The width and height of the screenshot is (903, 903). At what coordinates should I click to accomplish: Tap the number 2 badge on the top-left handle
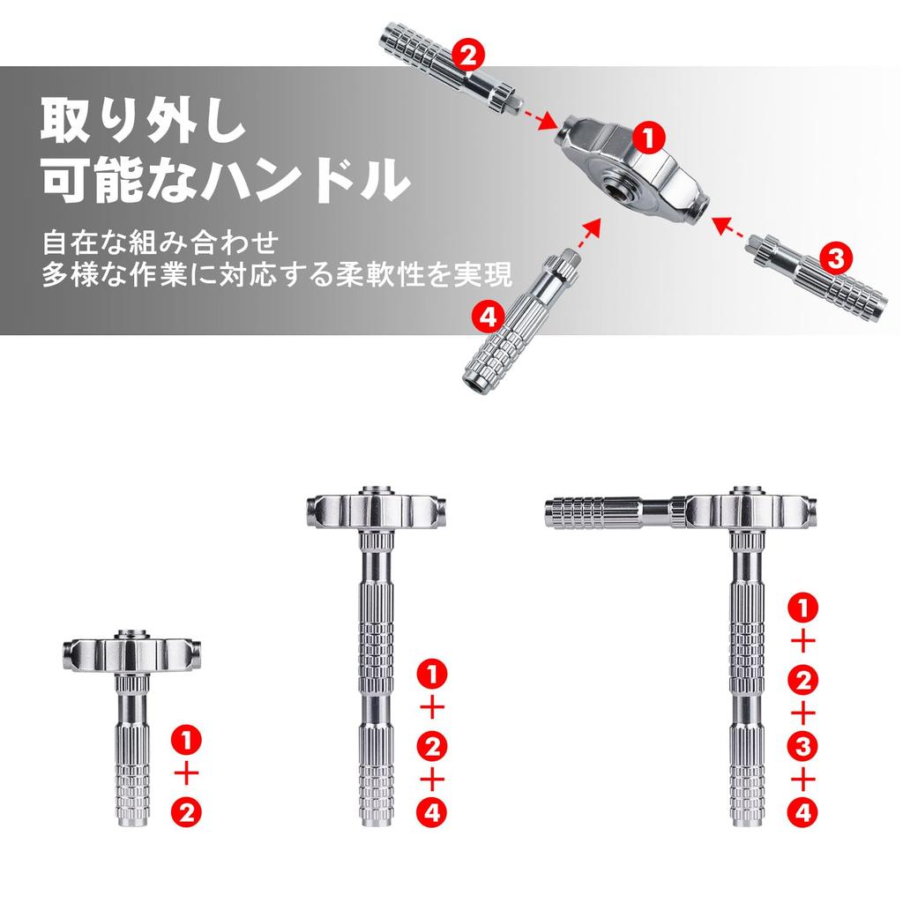click(468, 56)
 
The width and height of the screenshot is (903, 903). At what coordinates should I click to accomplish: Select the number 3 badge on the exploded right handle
click(834, 257)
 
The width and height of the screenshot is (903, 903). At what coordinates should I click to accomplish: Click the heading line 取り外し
click(141, 121)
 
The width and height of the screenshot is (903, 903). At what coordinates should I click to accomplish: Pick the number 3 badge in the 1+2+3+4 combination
click(801, 747)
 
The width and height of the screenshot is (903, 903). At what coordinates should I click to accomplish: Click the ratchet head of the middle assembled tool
click(377, 510)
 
